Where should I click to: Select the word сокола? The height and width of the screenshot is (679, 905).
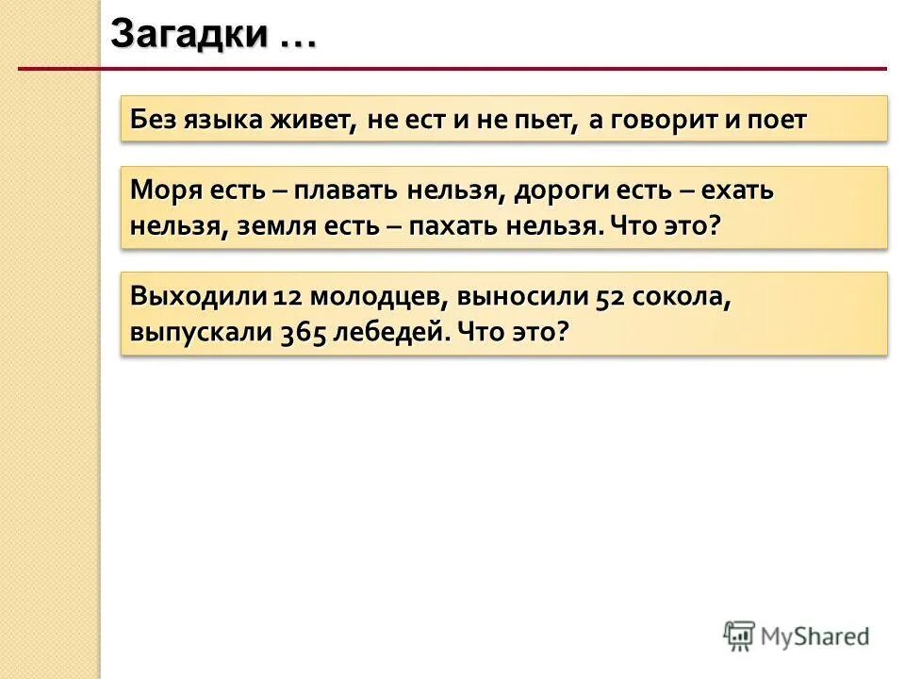[x=678, y=296]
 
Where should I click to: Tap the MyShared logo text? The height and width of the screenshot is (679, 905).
[x=815, y=637]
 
